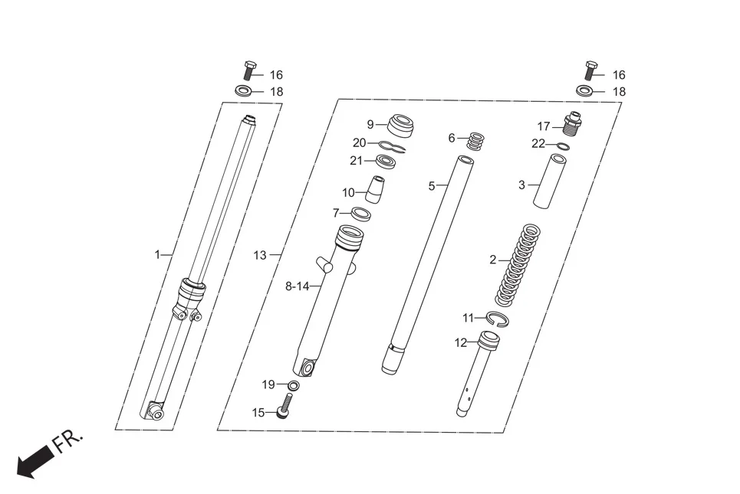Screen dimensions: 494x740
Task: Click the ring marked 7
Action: click(360, 213)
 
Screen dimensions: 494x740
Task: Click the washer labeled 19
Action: click(294, 384)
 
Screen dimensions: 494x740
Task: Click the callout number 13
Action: click(261, 255)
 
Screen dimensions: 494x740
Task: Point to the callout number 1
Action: click(158, 254)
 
